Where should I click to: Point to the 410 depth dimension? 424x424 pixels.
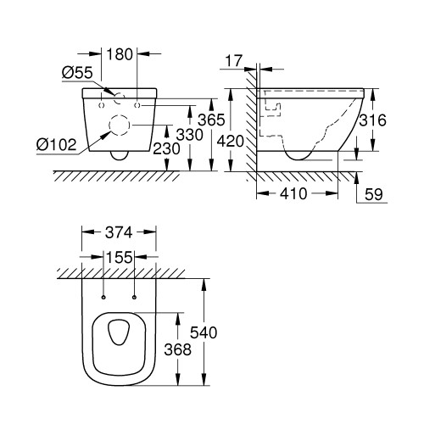point(293,194)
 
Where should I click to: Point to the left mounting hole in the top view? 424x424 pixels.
point(103,298)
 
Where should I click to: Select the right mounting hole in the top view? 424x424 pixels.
point(135,298)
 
